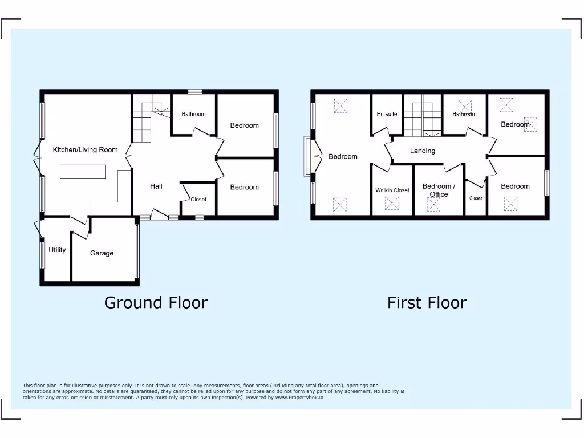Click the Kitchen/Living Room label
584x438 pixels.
[x=85, y=150]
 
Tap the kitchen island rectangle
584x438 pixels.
[x=83, y=171]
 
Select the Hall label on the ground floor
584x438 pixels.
[x=156, y=186]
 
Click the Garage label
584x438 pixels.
[x=102, y=253]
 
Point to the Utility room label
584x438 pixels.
[x=57, y=250]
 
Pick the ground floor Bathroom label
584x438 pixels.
[x=193, y=114]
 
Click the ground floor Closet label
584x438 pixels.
[x=198, y=200]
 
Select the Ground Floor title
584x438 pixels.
[x=156, y=302]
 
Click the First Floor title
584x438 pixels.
[x=427, y=302]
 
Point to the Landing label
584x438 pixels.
[x=423, y=151]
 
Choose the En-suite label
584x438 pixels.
[x=387, y=114]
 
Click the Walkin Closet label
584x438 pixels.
[x=392, y=190]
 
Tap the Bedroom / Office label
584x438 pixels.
[x=439, y=190]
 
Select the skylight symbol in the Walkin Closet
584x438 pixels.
[x=392, y=204]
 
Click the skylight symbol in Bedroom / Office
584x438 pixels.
[x=434, y=205]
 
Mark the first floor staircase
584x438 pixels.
[x=422, y=120]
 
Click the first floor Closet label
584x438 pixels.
[x=476, y=198]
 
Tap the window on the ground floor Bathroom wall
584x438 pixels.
[x=195, y=91]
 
